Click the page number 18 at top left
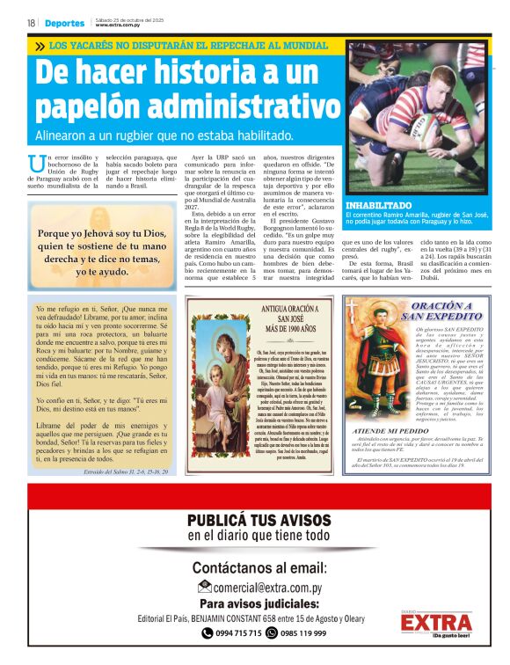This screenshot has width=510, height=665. (31, 23)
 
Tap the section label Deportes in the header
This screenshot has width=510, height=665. (66, 23)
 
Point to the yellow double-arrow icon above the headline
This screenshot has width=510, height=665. (40, 46)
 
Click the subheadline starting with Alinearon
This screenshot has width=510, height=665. (164, 136)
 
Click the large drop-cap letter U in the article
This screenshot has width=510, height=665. (36, 163)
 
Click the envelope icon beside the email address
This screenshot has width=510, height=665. (204, 587)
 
